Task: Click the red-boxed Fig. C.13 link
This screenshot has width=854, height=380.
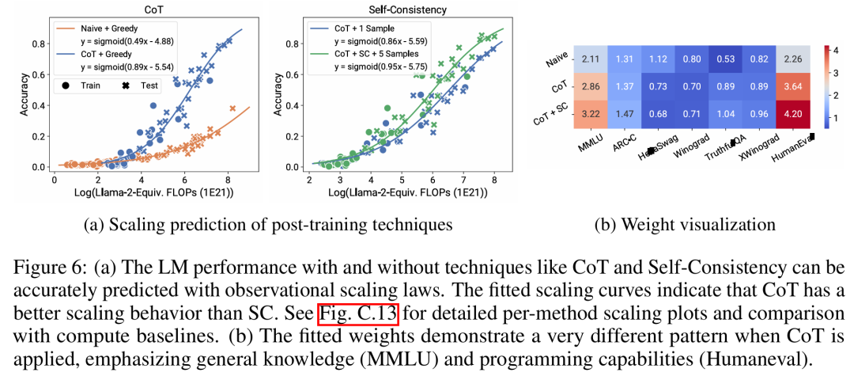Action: (x=358, y=314)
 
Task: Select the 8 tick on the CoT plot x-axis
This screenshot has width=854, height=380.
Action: (x=229, y=180)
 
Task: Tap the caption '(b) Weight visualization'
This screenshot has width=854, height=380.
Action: (x=684, y=225)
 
